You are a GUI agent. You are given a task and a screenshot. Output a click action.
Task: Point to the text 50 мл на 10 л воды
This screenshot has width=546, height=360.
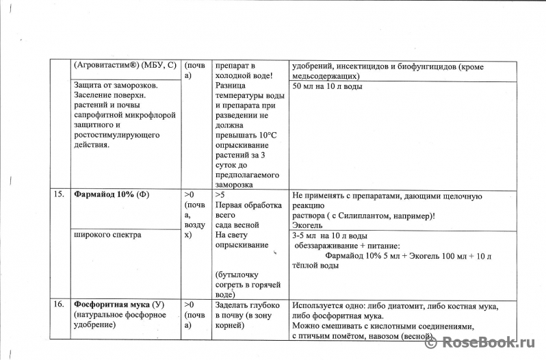click(x=327, y=86)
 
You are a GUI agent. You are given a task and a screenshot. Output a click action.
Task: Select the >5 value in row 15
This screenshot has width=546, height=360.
click(x=220, y=195)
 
